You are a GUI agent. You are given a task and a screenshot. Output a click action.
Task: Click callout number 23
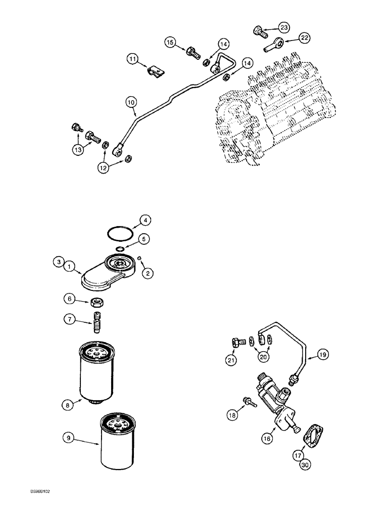284,27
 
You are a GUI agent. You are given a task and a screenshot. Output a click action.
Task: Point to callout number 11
132,60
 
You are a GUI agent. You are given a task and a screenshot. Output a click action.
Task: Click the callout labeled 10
131,103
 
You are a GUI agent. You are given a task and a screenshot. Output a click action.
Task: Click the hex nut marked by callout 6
98,303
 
